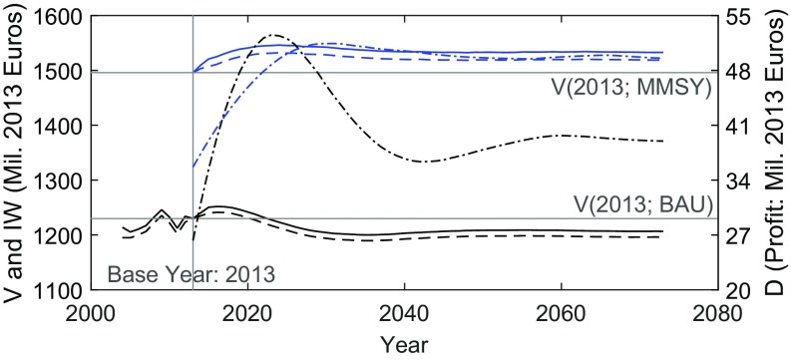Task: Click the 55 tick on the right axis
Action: [x=736, y=17]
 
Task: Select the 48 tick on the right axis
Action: [x=736, y=72]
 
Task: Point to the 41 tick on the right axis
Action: [x=736, y=127]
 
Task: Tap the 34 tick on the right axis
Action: [x=736, y=181]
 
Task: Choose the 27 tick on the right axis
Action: [x=736, y=236]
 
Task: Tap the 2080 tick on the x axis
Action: [x=717, y=312]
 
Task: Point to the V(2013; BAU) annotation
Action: [x=643, y=203]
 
